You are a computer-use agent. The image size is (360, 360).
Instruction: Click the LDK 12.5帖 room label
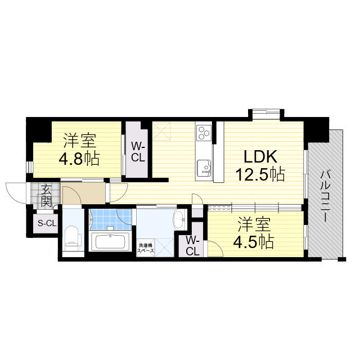[260, 165]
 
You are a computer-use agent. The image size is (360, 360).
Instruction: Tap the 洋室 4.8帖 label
[79, 149]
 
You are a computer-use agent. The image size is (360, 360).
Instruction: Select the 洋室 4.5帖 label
[254, 233]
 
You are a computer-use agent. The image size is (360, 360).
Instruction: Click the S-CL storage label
[47, 224]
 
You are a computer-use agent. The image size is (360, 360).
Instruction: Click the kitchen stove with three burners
[203, 134]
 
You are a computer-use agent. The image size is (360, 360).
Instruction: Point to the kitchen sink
[204, 167]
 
